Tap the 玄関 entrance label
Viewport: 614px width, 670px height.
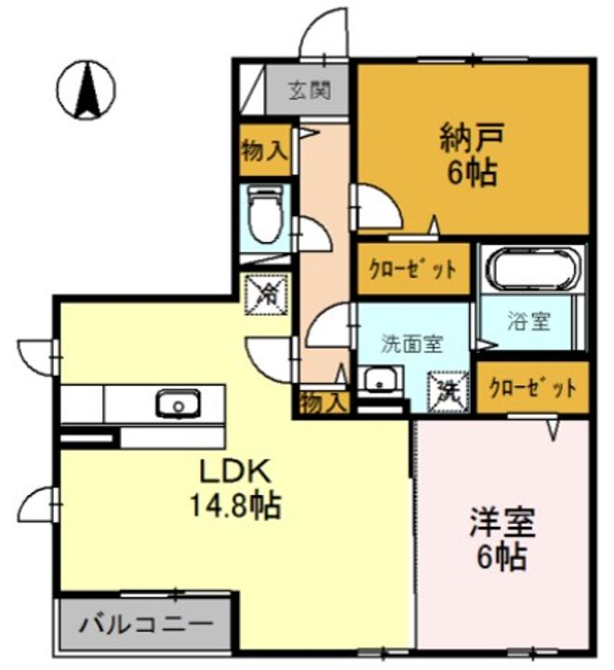coord(308,90)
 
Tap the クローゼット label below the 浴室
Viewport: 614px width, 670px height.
coord(533,387)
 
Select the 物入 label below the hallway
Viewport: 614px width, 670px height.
coord(324,403)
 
